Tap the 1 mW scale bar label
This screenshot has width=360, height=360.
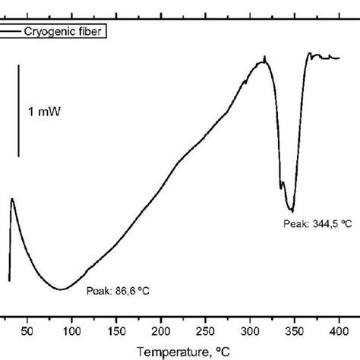click(x=45, y=112)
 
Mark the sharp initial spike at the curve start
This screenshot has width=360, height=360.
click(x=12, y=200)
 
